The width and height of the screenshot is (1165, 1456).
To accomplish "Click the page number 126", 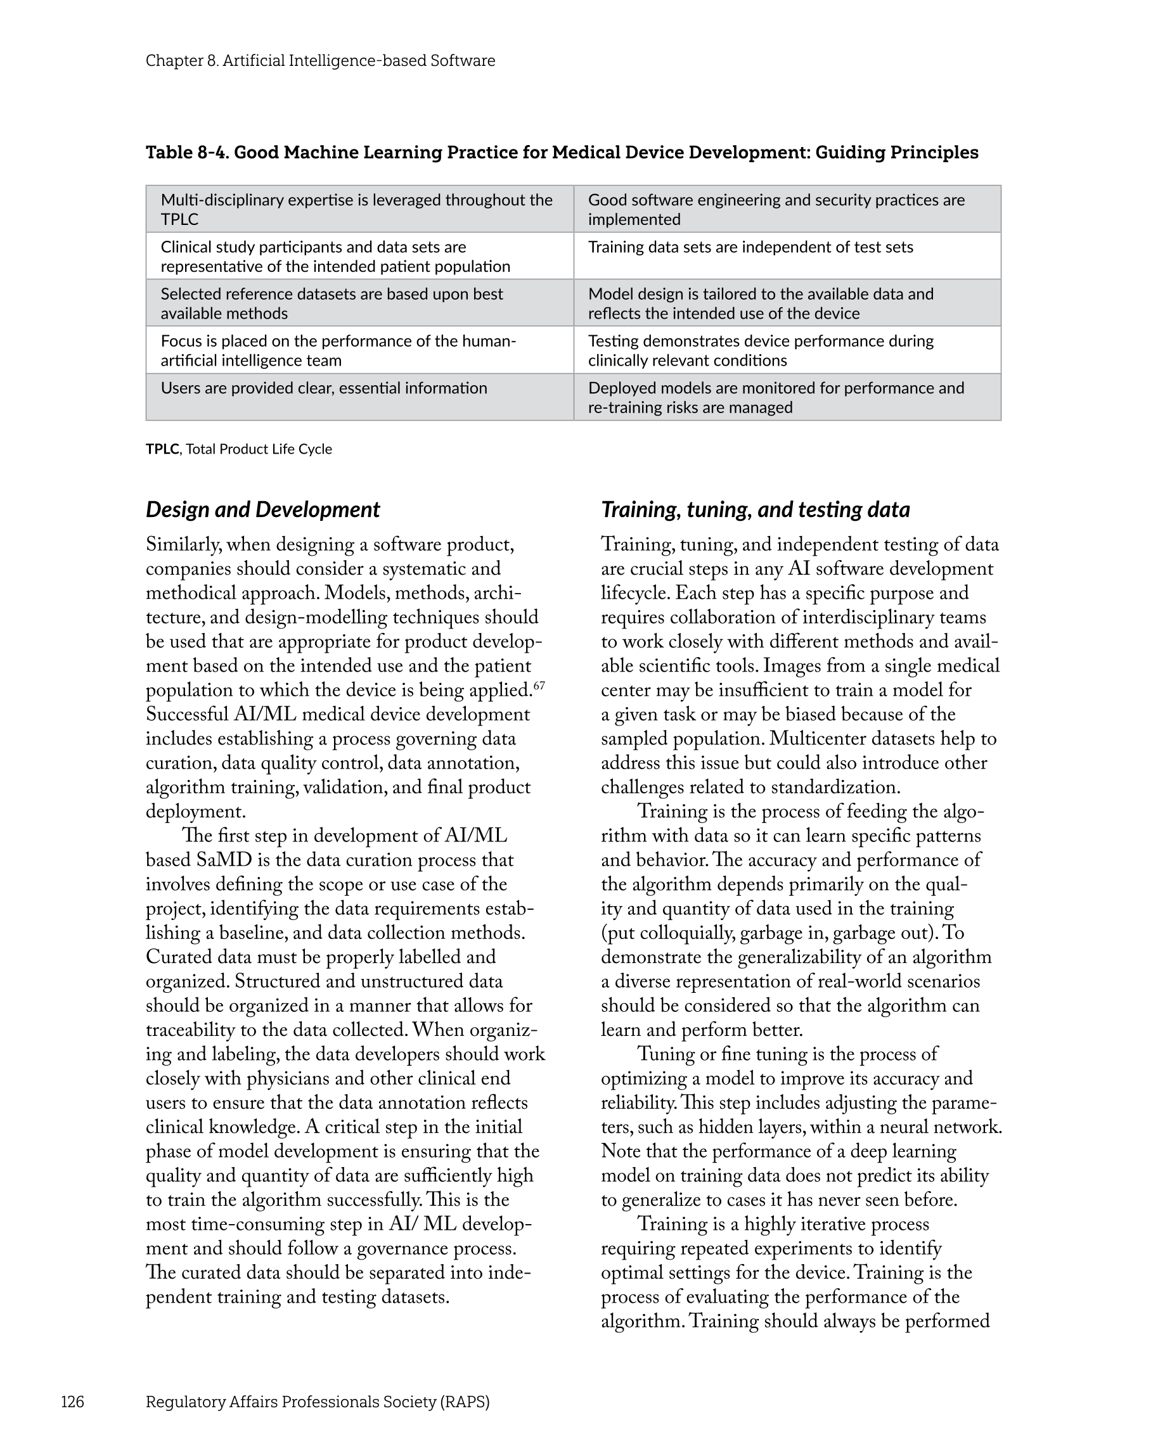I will point(72,1402).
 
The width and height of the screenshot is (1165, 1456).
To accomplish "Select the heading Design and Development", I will point(263,509).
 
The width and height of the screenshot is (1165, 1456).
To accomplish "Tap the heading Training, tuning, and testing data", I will point(755,509).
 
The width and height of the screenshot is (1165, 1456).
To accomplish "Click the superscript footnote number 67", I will point(539,686).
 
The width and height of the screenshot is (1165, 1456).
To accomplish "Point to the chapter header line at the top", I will point(320,61).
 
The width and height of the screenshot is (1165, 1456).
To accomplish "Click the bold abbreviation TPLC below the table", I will point(162,449).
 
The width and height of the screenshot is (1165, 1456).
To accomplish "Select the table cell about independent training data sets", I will point(750,247).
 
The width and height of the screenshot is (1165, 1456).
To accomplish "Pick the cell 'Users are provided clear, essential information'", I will point(324,388).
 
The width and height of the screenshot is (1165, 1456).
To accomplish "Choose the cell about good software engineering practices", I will point(776,209).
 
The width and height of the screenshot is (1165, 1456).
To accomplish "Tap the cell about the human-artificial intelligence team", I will point(338,350).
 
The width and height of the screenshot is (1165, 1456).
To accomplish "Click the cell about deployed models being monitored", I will point(776,398).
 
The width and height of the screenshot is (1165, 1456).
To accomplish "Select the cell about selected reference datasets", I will point(331,303).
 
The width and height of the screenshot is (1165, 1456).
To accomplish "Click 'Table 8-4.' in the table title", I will point(187,153).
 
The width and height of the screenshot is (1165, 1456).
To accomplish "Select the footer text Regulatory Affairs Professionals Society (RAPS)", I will point(318,1402).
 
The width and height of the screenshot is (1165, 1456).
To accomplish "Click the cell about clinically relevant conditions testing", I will point(760,350).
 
